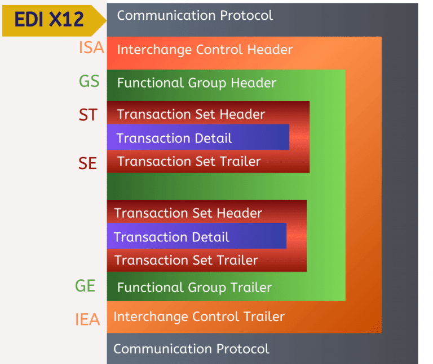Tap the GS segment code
(89, 81)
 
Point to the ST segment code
(88, 115)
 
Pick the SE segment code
(88, 163)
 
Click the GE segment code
(85, 286)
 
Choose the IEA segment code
(87, 320)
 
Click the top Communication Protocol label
(195, 15)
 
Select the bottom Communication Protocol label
(191, 349)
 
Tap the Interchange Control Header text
(205, 50)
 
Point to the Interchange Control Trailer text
(199, 317)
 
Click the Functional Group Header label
(196, 83)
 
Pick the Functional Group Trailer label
(194, 288)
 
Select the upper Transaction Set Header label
(191, 114)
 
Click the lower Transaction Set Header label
(188, 213)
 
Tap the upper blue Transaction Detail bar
(197, 138)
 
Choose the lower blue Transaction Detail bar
(196, 236)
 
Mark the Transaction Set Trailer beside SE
(188, 162)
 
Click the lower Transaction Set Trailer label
(186, 261)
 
